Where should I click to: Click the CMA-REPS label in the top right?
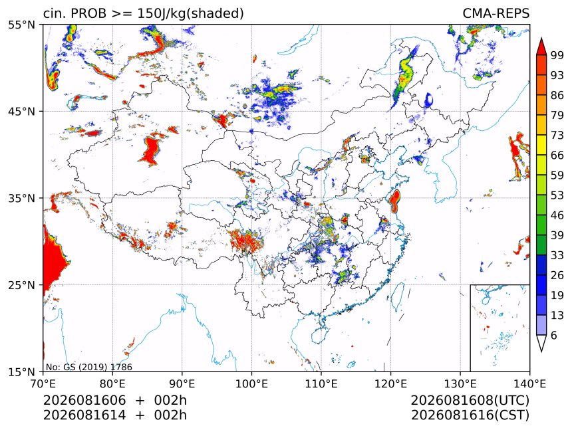click(x=496, y=13)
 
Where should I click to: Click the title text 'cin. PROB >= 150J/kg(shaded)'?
click(x=144, y=13)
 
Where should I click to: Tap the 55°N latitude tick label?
click(x=21, y=25)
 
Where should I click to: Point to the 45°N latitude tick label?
click(x=21, y=111)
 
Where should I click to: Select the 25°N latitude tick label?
click(x=21, y=284)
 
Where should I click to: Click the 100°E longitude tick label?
click(x=251, y=383)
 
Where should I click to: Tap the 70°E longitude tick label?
click(x=43, y=383)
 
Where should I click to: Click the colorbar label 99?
click(x=557, y=55)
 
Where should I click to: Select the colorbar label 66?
click(x=557, y=156)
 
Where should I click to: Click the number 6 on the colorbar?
click(x=554, y=335)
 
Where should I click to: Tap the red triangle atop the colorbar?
click(x=541, y=47)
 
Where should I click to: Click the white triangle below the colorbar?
click(x=541, y=343)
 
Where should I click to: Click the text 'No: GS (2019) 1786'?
click(x=88, y=367)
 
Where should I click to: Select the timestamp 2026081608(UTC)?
click(x=470, y=401)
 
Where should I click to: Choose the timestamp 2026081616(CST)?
click(x=470, y=415)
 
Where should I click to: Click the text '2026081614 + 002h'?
click(x=115, y=415)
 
